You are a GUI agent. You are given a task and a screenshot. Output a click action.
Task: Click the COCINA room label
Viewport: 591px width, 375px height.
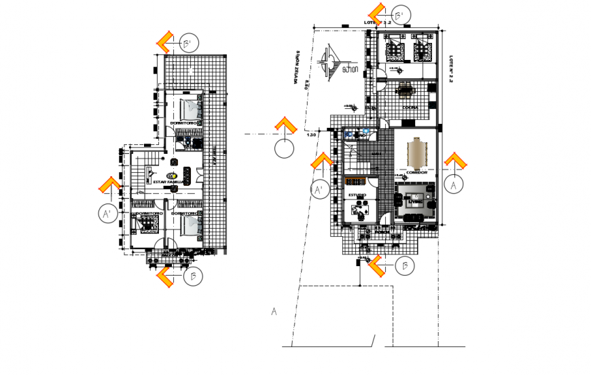tap(409, 107)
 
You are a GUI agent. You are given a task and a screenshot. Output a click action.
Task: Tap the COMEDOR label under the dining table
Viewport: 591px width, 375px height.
tap(416, 172)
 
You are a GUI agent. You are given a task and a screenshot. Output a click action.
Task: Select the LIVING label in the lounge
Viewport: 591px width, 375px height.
tap(414, 201)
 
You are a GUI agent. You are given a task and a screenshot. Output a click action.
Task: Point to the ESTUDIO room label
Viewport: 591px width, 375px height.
tap(357, 195)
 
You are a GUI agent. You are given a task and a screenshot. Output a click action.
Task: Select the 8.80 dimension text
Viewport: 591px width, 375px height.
tap(306, 86)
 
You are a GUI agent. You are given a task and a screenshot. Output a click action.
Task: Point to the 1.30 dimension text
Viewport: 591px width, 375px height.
tap(312, 135)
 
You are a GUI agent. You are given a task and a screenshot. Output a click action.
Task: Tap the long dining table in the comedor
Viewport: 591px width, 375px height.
tap(416, 153)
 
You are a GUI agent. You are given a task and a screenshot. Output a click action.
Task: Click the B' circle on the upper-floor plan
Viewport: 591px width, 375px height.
tap(190, 42)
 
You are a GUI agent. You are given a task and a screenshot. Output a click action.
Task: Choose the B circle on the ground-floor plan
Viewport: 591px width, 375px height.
tap(406, 266)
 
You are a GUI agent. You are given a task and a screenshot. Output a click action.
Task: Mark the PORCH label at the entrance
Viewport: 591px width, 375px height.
tap(382, 231)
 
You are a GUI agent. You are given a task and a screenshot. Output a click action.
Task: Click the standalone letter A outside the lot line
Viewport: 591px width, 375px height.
tap(274, 312)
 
